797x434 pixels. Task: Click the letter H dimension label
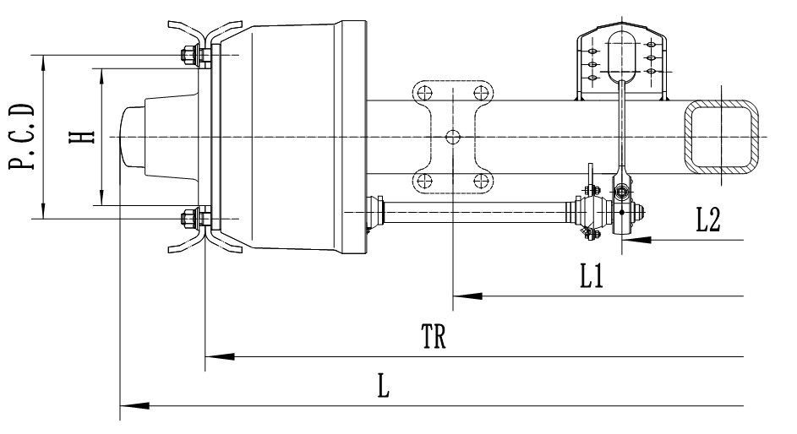[82, 138]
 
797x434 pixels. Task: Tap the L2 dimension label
[707, 221]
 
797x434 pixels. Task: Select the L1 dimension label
[591, 278]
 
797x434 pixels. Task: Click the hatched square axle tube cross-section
[721, 137]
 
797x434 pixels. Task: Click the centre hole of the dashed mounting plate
[453, 137]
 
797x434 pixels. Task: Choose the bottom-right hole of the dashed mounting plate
[482, 180]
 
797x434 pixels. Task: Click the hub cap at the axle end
[131, 138]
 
